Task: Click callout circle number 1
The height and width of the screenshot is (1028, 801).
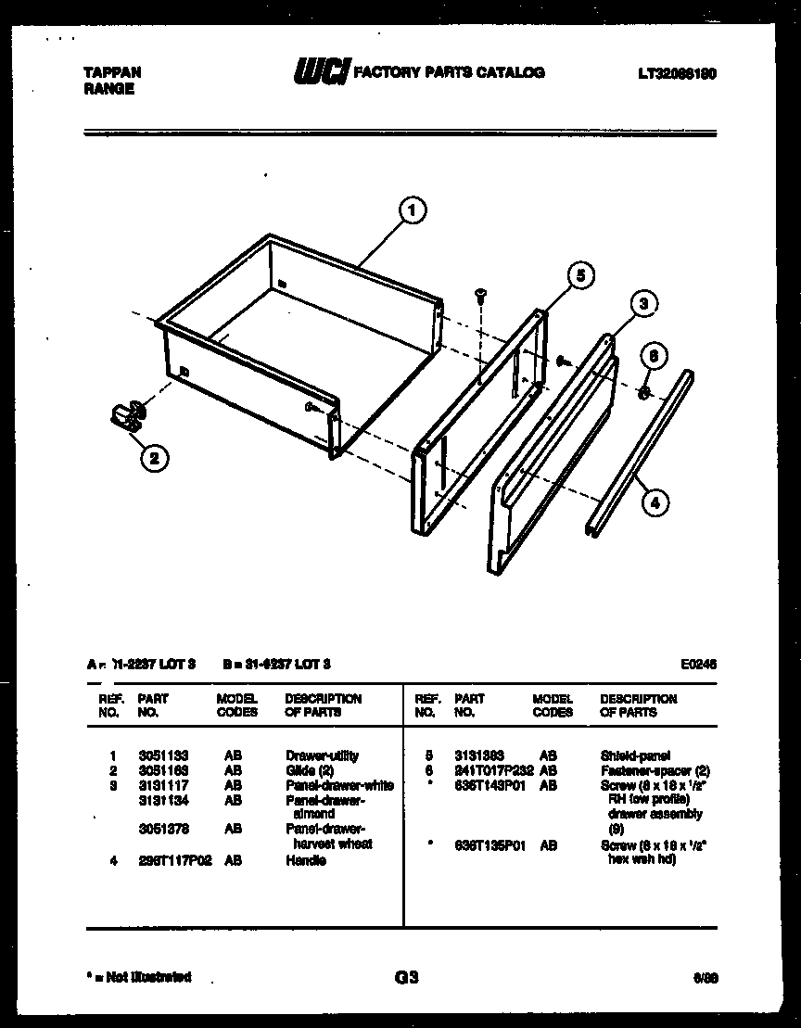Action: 412,210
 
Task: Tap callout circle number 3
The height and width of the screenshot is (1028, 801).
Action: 644,303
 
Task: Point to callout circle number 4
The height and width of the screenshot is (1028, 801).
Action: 655,503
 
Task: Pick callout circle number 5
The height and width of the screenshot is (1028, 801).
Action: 579,275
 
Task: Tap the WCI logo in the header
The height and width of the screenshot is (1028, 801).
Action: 320,72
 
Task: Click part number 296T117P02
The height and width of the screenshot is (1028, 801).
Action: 174,860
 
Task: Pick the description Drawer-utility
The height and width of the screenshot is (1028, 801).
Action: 322,755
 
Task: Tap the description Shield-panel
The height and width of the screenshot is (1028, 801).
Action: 635,755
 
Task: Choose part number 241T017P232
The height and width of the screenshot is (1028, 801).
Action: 493,770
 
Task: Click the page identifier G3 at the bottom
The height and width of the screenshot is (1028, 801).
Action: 406,977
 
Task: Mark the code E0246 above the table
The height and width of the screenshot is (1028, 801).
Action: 697,664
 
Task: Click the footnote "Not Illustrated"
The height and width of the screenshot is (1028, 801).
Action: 138,977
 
